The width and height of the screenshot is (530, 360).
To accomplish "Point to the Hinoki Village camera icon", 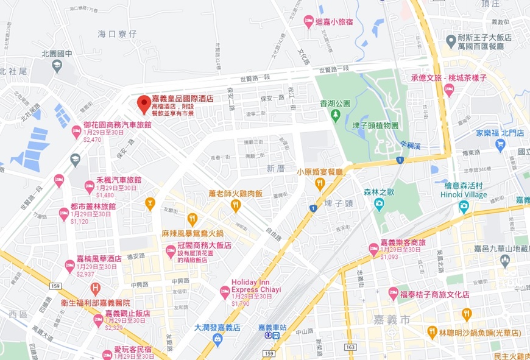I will [464, 207].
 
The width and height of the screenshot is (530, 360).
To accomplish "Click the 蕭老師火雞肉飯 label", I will [235, 193].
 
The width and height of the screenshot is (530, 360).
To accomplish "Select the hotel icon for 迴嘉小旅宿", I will [308, 22].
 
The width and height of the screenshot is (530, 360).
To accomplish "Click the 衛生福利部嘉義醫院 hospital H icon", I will [95, 288].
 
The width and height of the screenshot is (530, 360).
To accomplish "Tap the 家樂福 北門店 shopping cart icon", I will [501, 144].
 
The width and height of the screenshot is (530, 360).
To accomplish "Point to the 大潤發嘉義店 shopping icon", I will [217, 338].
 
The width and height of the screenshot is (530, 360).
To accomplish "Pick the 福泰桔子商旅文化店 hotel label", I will [434, 294].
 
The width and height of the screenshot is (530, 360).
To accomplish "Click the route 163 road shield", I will [349, 347].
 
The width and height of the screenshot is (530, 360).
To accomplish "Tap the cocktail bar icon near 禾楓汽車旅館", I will [149, 202].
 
